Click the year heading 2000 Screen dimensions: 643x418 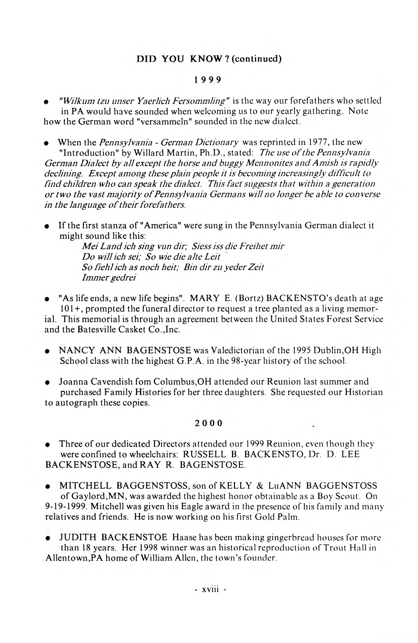pos(208,423)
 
